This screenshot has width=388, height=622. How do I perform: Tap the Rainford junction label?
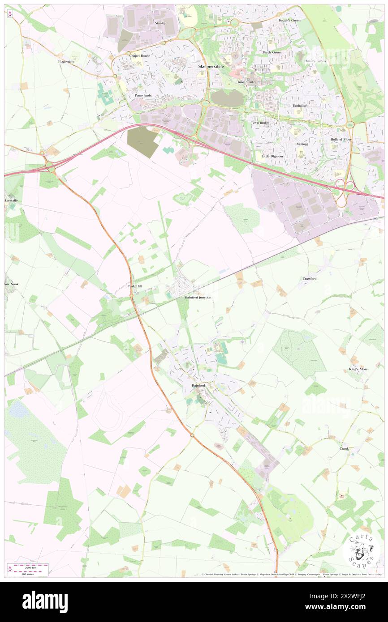196,298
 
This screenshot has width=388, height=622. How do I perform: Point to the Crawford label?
310,278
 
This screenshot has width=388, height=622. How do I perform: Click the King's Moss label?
358,369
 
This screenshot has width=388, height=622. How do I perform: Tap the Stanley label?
160,23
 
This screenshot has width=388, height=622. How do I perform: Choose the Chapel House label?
140,55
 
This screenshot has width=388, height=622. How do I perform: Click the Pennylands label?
143,96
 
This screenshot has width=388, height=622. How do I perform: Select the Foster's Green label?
289,21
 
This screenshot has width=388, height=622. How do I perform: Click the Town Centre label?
247,82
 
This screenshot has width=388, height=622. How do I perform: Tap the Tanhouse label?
300,106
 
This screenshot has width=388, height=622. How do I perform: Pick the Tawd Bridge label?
260,123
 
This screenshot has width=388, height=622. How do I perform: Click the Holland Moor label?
341,139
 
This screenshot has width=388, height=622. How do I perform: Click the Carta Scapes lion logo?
361,550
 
